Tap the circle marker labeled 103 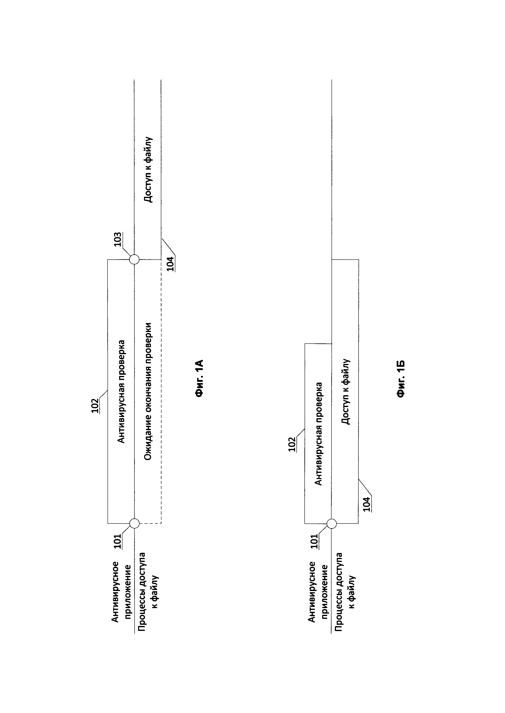[134, 259]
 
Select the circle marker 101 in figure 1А [134, 523]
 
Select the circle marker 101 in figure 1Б [332, 523]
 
